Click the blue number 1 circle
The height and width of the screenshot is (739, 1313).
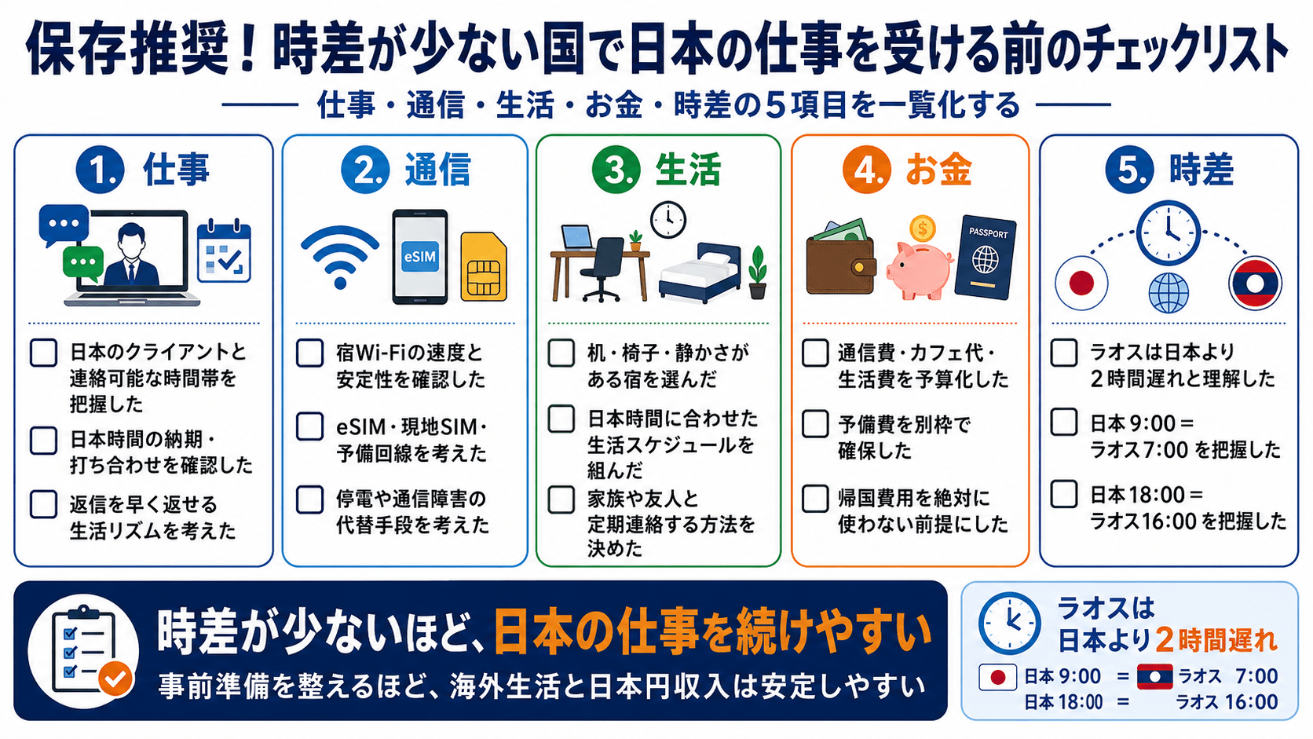[x=101, y=170]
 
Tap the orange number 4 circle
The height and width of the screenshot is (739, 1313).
[x=866, y=170]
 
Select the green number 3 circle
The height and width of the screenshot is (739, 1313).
[x=616, y=170]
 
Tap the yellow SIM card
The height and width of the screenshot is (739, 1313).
[x=484, y=267]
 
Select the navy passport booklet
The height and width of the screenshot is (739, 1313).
[x=986, y=258]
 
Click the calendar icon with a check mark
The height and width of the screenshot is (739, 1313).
[x=224, y=251]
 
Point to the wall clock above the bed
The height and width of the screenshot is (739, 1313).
[x=667, y=220]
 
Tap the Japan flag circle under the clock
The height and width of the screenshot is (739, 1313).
[x=1081, y=283]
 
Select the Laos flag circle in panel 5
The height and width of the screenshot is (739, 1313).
[x=1255, y=283]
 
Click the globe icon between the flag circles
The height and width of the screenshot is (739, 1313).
[x=1169, y=292]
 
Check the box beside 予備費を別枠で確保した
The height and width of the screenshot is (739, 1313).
[x=815, y=423]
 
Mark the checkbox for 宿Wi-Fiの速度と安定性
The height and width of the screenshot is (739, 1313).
[x=309, y=353]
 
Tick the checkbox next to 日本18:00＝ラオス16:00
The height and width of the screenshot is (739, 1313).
[x=1064, y=494]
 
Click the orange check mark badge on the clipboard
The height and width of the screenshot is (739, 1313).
[x=115, y=678]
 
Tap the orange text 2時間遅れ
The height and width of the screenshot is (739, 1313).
[x=1216, y=641]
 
